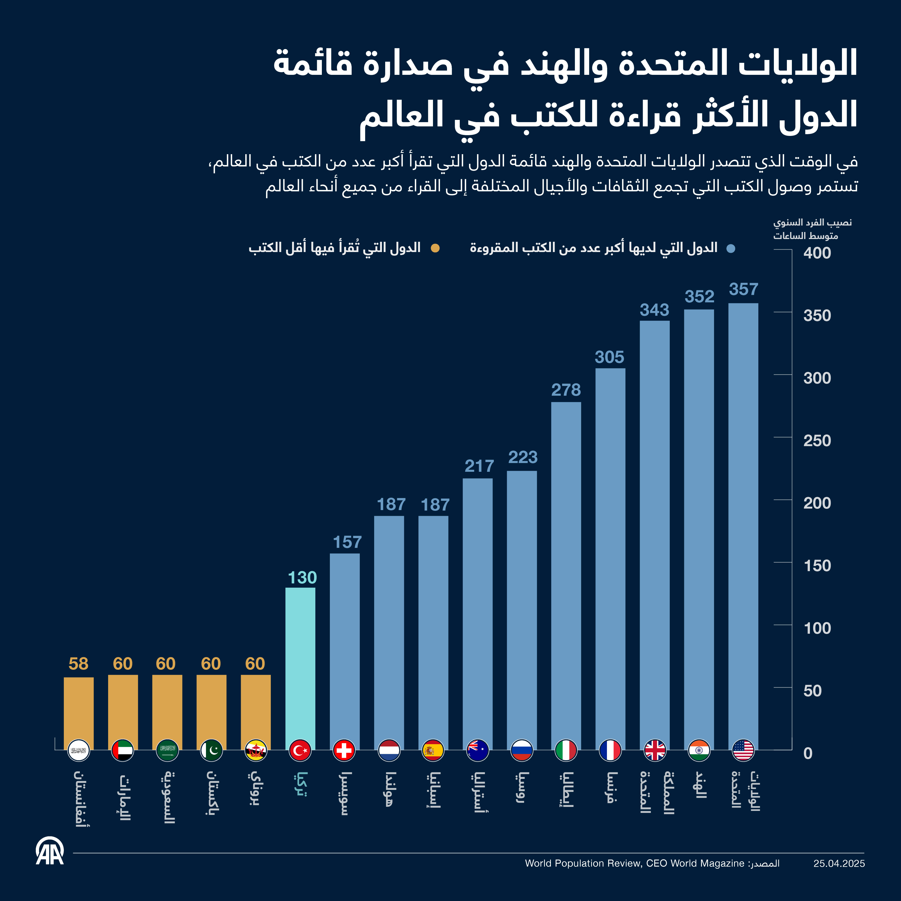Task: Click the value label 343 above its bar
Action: (654, 310)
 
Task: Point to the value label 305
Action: (609, 357)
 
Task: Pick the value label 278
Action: (566, 390)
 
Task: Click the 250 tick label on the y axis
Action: (817, 441)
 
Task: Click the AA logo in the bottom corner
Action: (50, 852)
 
